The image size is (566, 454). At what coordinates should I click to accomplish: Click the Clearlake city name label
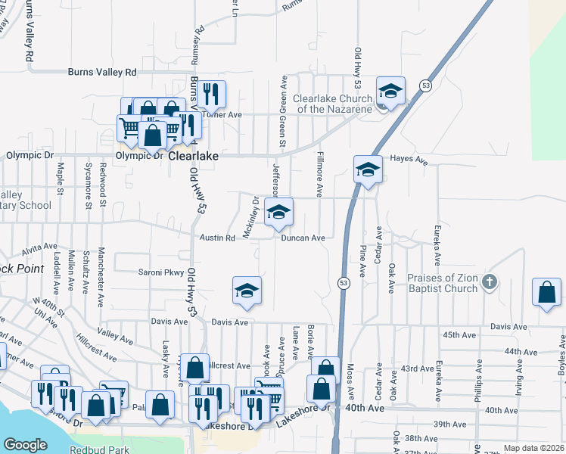(193, 155)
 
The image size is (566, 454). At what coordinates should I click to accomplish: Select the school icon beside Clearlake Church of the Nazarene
(390, 92)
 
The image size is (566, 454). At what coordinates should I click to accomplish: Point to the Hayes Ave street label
(409, 160)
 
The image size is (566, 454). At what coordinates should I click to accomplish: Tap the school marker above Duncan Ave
(279, 213)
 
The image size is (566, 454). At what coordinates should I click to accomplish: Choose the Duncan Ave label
(303, 238)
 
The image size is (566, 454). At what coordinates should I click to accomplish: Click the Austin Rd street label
(218, 238)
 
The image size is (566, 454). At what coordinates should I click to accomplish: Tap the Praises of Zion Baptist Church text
(443, 283)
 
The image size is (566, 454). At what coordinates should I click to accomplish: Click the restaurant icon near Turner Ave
(210, 94)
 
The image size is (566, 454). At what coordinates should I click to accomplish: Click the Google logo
(25, 445)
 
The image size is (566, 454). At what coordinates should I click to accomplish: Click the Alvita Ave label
(40, 247)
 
